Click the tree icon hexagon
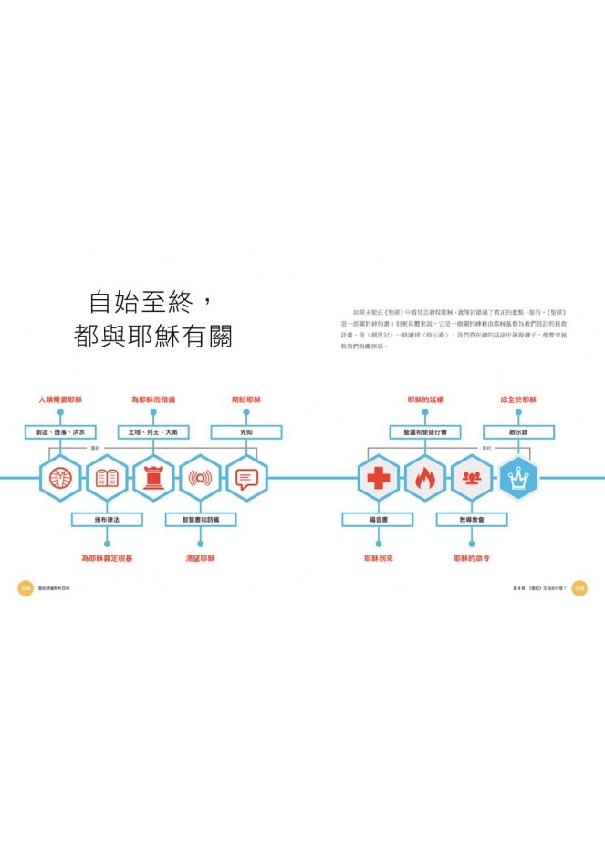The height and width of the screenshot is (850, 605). [x=60, y=478]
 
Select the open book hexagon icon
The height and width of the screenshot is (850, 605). [x=107, y=478]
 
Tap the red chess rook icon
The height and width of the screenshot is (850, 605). [x=153, y=478]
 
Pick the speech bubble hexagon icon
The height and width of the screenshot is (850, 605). [x=246, y=478]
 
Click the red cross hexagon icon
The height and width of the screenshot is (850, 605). [x=378, y=478]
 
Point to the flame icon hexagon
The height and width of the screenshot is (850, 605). [x=424, y=478]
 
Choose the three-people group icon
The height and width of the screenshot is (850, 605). [x=472, y=478]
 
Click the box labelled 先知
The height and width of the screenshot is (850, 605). [x=246, y=432]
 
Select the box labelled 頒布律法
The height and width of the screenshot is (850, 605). [x=107, y=520]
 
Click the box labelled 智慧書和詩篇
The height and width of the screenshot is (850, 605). [x=200, y=520]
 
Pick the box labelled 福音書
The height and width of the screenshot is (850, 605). [x=378, y=520]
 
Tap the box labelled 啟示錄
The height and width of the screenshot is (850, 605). [x=518, y=432]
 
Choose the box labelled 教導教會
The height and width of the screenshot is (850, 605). [x=472, y=520]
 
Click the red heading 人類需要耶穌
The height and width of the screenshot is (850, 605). [x=60, y=400]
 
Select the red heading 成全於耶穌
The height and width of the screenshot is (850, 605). [x=518, y=400]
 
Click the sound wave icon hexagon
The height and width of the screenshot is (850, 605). [x=200, y=478]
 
